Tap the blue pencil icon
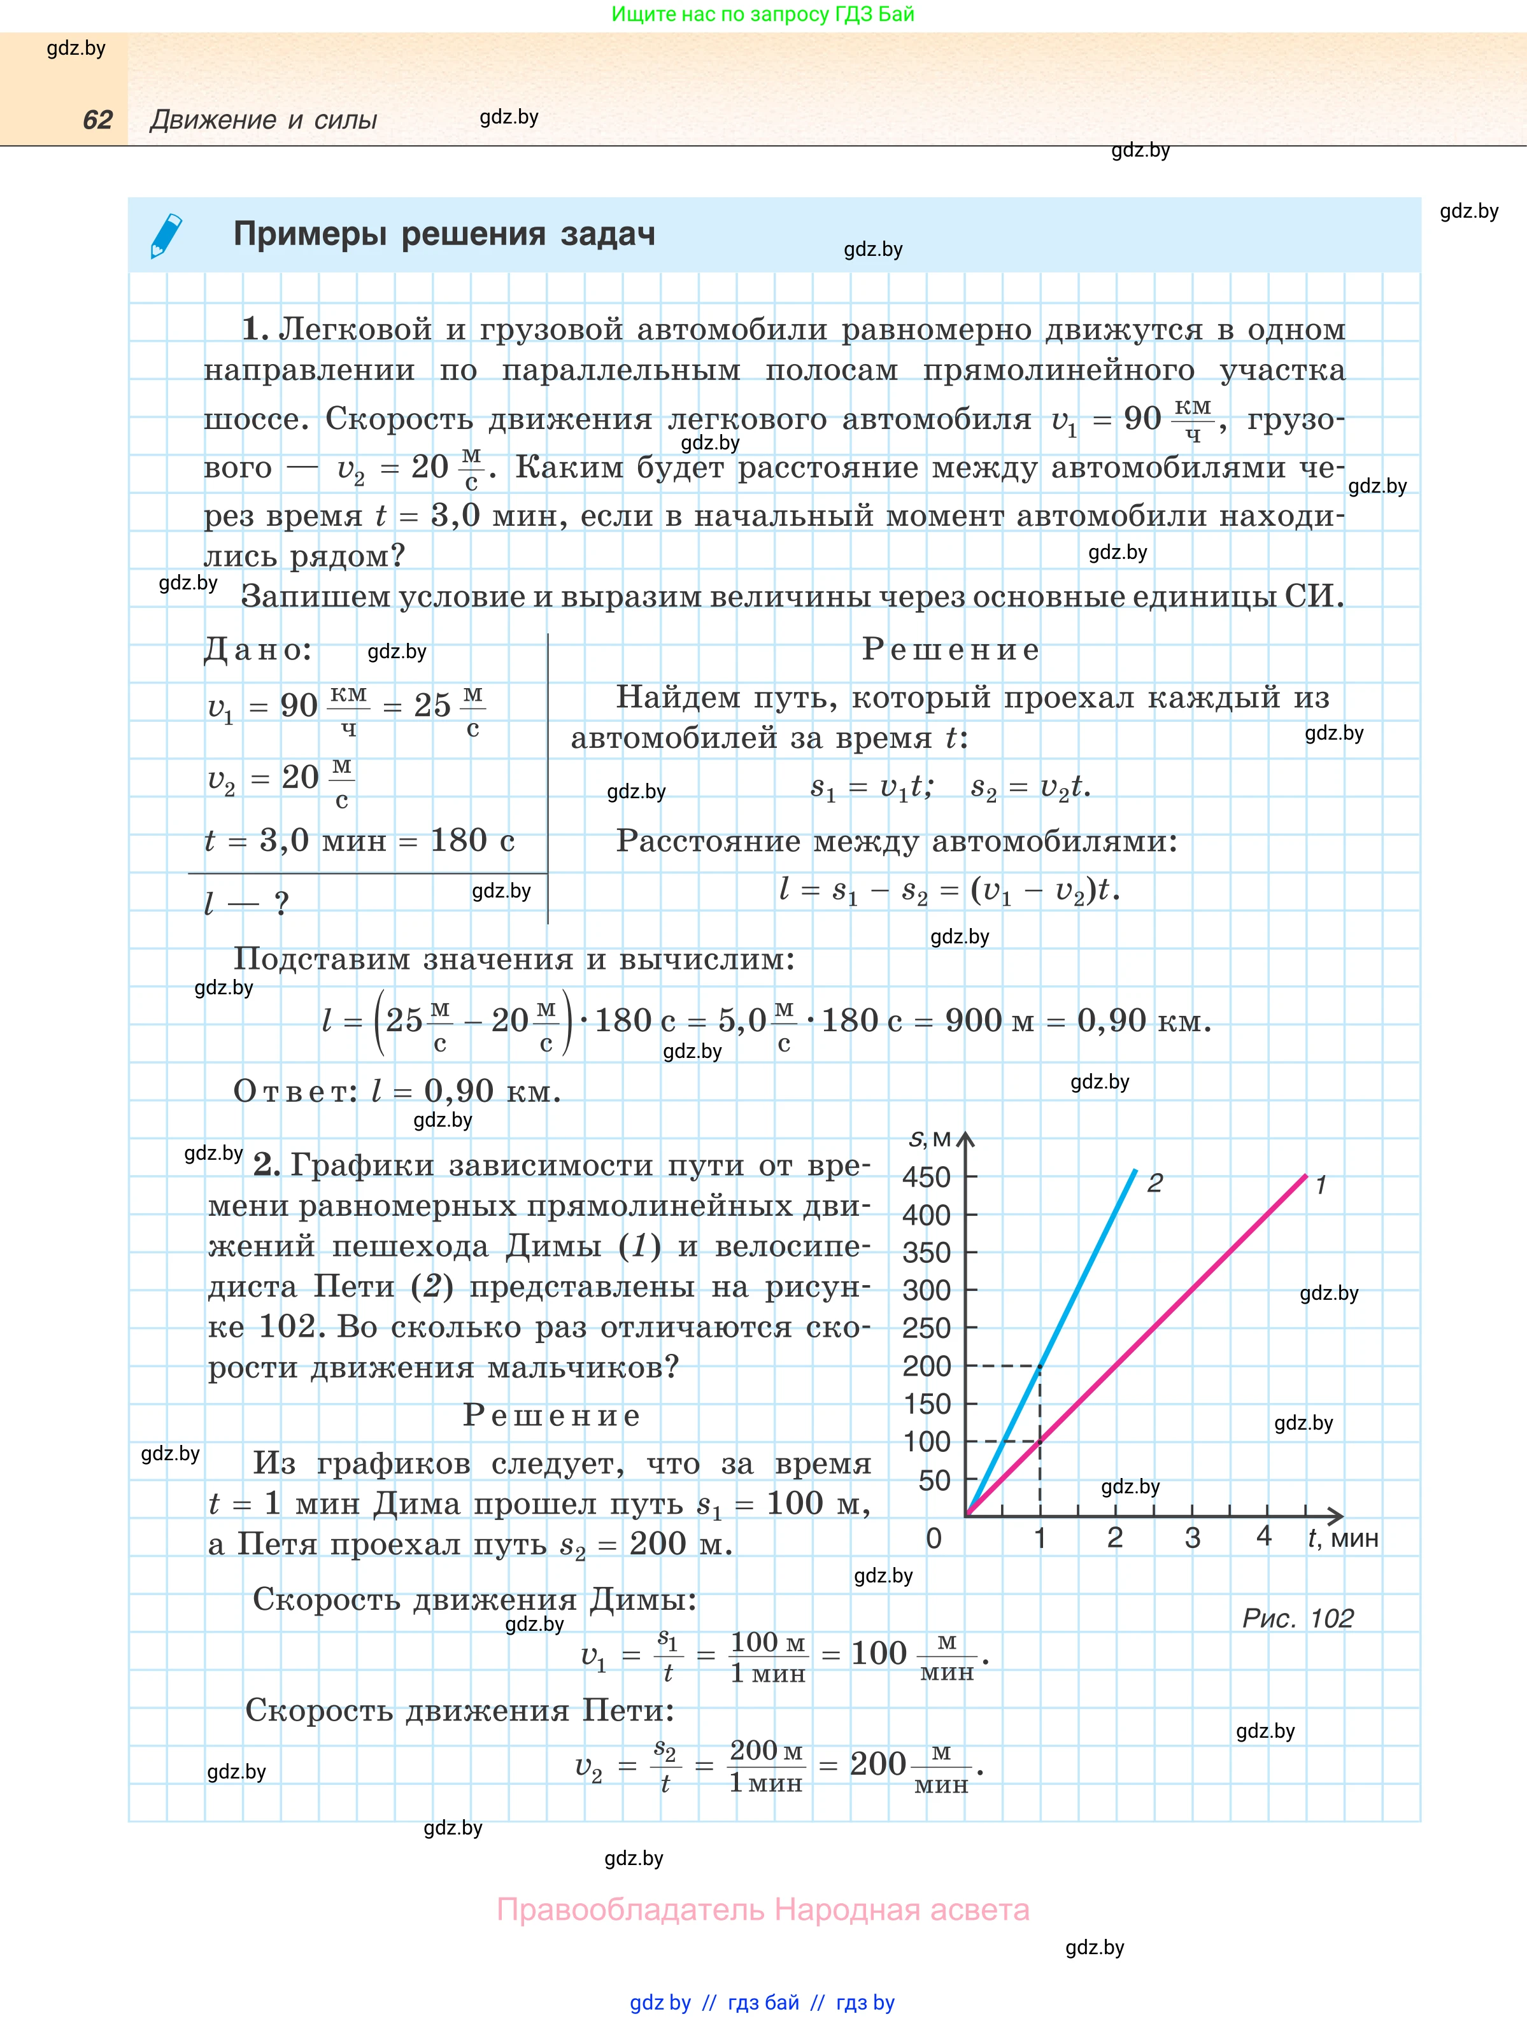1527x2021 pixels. point(166,236)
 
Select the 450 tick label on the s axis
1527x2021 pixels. point(926,1177)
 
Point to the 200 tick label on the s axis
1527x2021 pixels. point(926,1366)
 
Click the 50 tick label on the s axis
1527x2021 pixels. point(934,1480)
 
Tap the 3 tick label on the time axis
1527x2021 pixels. point(1193,1538)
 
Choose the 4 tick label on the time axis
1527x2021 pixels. point(1264,1536)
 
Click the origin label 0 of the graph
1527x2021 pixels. point(933,1539)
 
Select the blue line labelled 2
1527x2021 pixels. point(1088,1270)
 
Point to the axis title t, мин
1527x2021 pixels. point(1342,1539)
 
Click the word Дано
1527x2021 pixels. point(257,650)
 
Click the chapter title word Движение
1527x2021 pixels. point(213,120)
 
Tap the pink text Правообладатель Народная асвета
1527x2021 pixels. point(763,1910)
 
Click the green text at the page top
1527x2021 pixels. point(762,14)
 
